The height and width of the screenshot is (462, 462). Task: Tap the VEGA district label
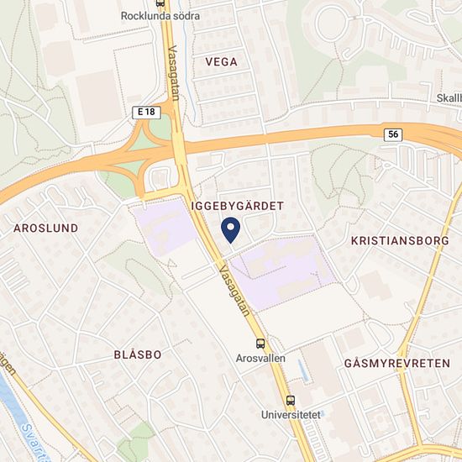(221, 61)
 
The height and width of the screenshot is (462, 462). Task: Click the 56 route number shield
(394, 134)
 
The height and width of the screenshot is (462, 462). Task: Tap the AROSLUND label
(46, 228)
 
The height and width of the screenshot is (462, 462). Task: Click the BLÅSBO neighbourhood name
(137, 354)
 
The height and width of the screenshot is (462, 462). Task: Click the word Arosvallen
(261, 358)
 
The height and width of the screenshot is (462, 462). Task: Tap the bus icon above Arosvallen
(261, 344)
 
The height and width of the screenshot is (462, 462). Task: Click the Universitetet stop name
(290, 414)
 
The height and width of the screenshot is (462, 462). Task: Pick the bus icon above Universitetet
(291, 400)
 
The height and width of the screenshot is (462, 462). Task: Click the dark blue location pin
(230, 228)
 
